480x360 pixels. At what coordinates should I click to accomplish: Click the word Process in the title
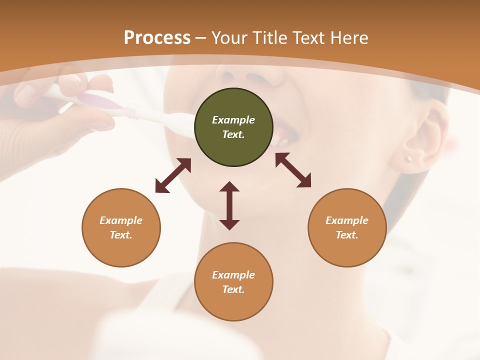(x=157, y=38)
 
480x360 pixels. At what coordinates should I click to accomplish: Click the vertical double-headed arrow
(x=229, y=205)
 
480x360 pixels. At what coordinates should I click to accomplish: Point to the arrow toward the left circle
(x=173, y=175)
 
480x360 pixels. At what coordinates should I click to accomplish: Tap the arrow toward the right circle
(x=293, y=170)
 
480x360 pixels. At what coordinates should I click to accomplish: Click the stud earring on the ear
(x=408, y=159)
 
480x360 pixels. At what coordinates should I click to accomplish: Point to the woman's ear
(x=425, y=140)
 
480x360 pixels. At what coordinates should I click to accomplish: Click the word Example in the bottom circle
(x=233, y=275)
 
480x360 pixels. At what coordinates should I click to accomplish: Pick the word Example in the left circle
(x=121, y=220)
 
